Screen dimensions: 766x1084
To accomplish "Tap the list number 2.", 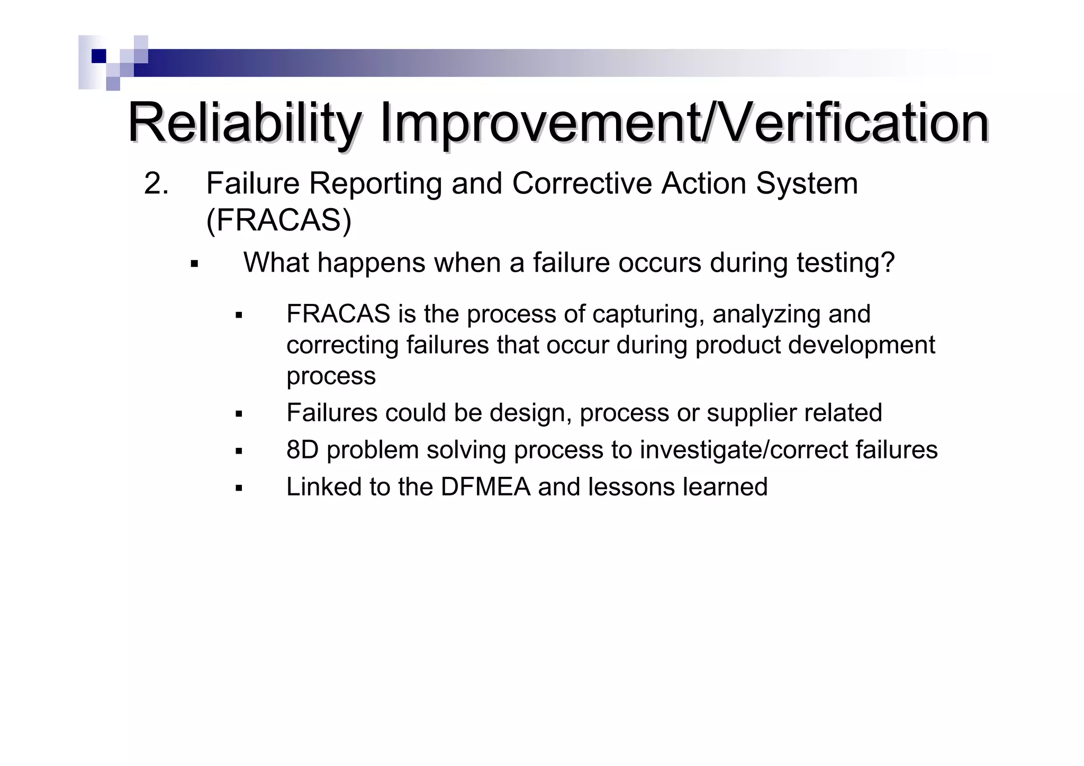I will [156, 184].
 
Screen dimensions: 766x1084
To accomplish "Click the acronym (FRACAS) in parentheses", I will [278, 220].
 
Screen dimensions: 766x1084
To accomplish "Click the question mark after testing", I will [888, 262].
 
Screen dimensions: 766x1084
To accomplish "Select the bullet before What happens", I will [194, 264].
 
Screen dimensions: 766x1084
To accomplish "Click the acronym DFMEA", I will [485, 487].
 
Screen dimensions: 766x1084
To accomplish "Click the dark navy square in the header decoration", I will [98, 56].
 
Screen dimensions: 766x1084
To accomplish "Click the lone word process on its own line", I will [331, 376].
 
